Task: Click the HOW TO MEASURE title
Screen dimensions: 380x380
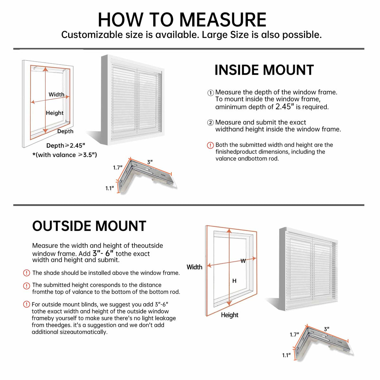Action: point(182,20)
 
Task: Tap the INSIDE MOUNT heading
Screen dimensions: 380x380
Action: point(264,70)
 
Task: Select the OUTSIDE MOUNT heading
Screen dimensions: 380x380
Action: point(89,226)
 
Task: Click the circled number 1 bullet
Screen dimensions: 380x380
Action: point(211,93)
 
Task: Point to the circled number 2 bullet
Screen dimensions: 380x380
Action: point(211,123)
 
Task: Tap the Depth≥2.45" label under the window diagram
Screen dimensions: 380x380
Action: point(66,146)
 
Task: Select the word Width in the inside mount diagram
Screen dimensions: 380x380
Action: point(56,94)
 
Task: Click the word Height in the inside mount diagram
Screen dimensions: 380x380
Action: point(54,113)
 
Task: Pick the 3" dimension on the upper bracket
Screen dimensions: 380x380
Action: point(150,162)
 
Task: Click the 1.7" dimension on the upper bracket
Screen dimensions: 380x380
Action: point(117,168)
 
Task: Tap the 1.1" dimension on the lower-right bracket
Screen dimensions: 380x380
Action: point(286,355)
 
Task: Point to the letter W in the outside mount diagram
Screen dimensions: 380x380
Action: point(243,261)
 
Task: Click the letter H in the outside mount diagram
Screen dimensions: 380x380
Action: point(234,281)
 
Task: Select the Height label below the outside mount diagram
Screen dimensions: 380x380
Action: point(230,315)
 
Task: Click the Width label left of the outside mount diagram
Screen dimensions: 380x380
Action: point(194,267)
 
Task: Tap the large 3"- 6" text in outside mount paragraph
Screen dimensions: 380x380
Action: point(103,253)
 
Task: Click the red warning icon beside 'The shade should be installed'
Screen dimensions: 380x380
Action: point(27,273)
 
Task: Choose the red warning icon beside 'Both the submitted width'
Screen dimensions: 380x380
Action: point(210,145)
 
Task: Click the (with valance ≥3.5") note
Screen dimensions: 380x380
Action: point(65,155)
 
